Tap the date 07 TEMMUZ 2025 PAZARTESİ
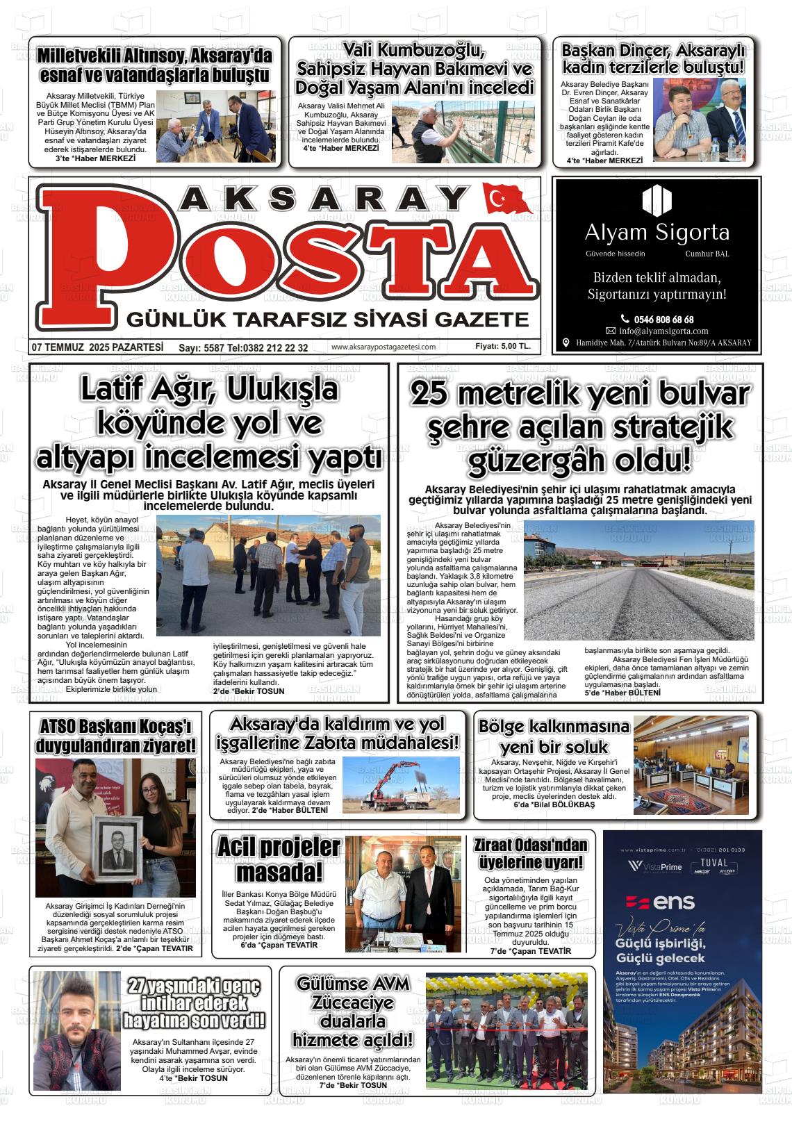tap(97, 347)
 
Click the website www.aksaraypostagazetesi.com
tap(383, 347)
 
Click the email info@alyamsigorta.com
tap(663, 331)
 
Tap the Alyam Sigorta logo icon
tap(657, 200)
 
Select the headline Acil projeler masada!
tap(279, 859)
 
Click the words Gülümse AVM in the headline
tap(352, 984)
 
